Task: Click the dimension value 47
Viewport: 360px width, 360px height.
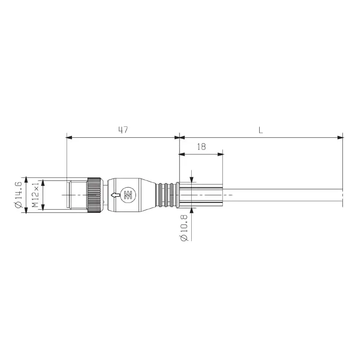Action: (123, 130)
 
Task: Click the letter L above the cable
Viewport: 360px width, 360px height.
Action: (261, 130)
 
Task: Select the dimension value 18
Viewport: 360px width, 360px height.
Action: (201, 147)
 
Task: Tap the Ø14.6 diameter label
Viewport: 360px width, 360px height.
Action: (18, 195)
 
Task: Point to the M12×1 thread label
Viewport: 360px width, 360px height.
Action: (35, 195)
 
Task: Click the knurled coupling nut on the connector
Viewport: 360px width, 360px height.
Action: (94, 195)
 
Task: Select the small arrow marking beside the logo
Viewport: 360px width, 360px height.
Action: (116, 195)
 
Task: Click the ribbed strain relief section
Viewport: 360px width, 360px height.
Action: (166, 195)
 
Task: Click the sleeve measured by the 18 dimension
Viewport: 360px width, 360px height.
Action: (200, 195)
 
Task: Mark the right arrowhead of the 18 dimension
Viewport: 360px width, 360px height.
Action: (221, 154)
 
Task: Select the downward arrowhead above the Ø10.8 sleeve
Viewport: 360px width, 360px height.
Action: (192, 180)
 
